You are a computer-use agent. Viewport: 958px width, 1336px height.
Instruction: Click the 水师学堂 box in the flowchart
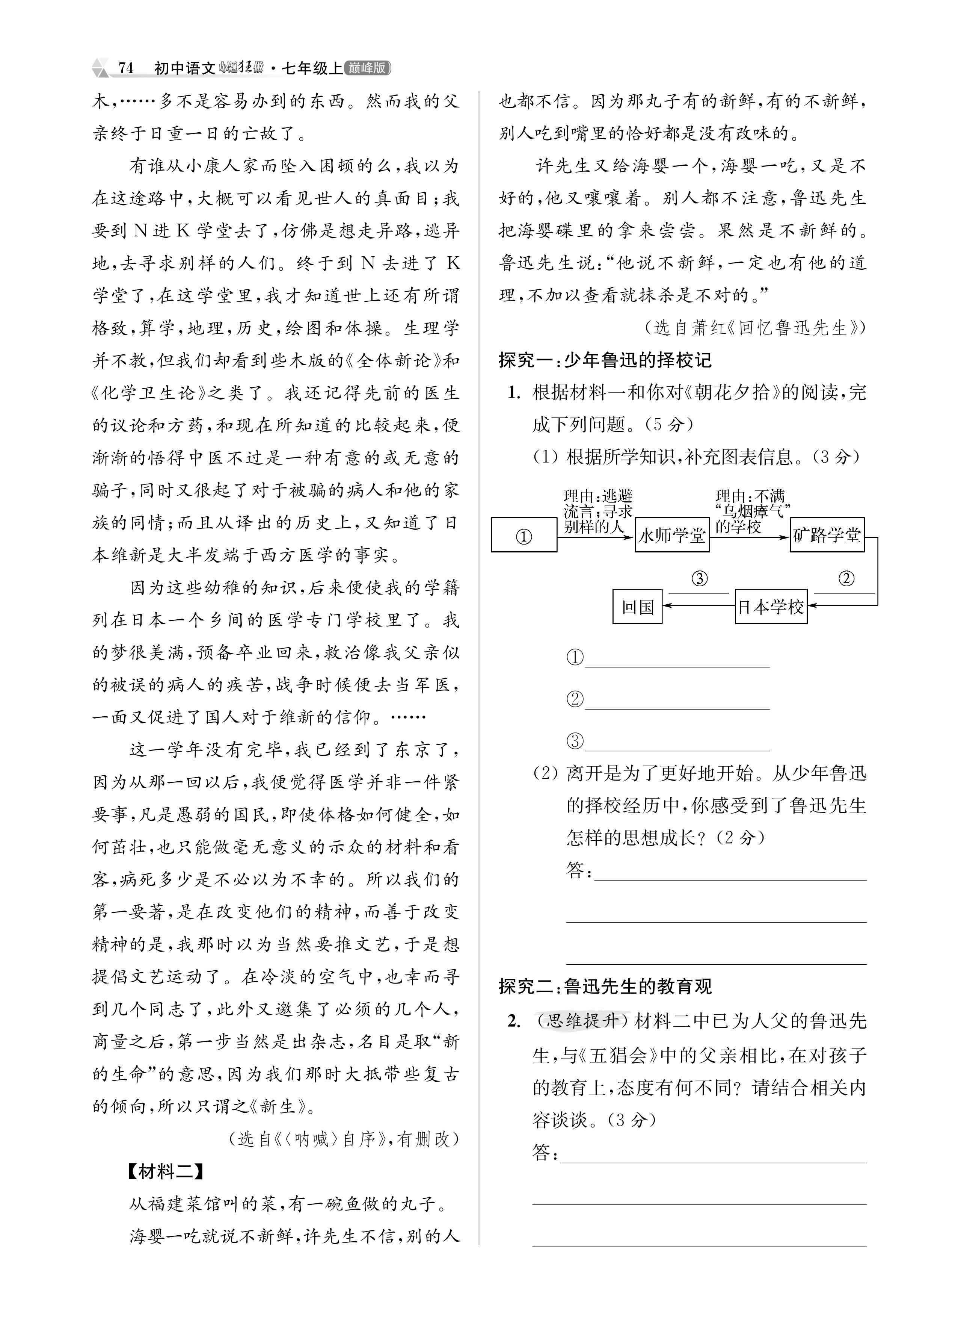click(x=672, y=535)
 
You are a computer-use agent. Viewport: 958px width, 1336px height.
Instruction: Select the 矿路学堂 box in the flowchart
click(x=827, y=535)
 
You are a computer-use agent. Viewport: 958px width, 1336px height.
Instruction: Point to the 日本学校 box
click(x=771, y=606)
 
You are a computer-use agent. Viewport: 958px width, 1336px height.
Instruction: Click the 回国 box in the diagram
click(x=638, y=606)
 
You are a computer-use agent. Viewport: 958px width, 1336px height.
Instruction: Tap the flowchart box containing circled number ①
click(x=524, y=535)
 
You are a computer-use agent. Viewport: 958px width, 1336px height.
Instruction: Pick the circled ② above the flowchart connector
click(x=846, y=578)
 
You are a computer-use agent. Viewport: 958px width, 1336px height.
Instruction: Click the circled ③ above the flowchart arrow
click(x=699, y=578)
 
